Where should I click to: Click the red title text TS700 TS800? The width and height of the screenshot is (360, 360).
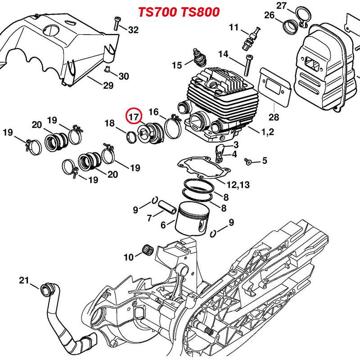click(x=179, y=12)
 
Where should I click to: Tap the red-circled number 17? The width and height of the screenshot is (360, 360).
click(x=133, y=117)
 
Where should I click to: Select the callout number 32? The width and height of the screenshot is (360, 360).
click(x=134, y=30)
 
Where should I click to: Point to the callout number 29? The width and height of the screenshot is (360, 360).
click(x=108, y=85)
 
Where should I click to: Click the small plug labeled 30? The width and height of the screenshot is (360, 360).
click(x=108, y=68)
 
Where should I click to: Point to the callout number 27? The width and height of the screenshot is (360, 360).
click(x=282, y=5)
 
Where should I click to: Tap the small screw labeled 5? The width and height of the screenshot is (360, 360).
click(x=247, y=160)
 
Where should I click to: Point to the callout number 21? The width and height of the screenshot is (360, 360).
click(x=24, y=281)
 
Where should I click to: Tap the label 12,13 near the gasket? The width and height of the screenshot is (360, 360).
click(x=238, y=184)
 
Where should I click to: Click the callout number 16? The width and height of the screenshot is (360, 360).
click(x=154, y=112)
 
